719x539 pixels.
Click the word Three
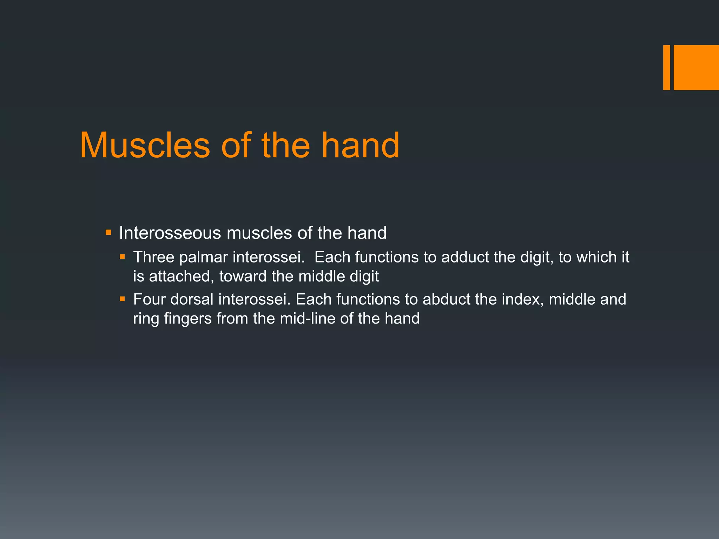click(153, 257)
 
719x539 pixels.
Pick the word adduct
click(465, 257)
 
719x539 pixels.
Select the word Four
click(149, 299)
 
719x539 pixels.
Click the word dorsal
click(192, 299)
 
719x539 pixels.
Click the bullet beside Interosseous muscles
click(108, 232)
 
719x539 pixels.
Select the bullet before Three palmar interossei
click(122, 257)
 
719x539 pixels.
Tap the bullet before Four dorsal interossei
click(122, 299)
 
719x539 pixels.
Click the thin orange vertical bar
click(666, 67)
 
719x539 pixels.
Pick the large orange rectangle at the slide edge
click(696, 67)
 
